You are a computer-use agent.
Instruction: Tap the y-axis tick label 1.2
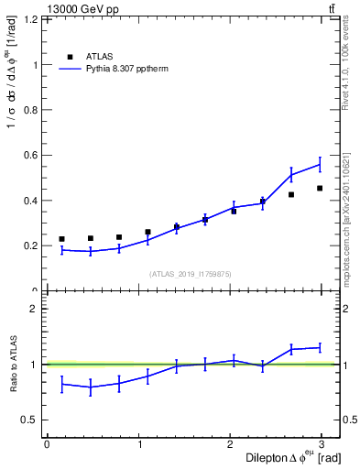[x=31, y=19]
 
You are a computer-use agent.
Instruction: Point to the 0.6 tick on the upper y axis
[x=31, y=155]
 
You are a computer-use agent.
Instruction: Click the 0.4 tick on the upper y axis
[x=31, y=201]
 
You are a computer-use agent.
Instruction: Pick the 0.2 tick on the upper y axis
[x=31, y=245]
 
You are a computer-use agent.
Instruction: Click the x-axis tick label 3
[x=325, y=444]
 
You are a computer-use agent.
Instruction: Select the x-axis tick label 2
[x=233, y=444]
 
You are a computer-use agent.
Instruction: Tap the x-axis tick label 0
[x=47, y=444]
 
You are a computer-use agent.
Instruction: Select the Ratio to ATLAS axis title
[x=12, y=364]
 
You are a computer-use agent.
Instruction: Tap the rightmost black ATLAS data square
[x=320, y=189]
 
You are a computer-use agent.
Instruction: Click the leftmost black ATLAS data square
[x=61, y=239]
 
